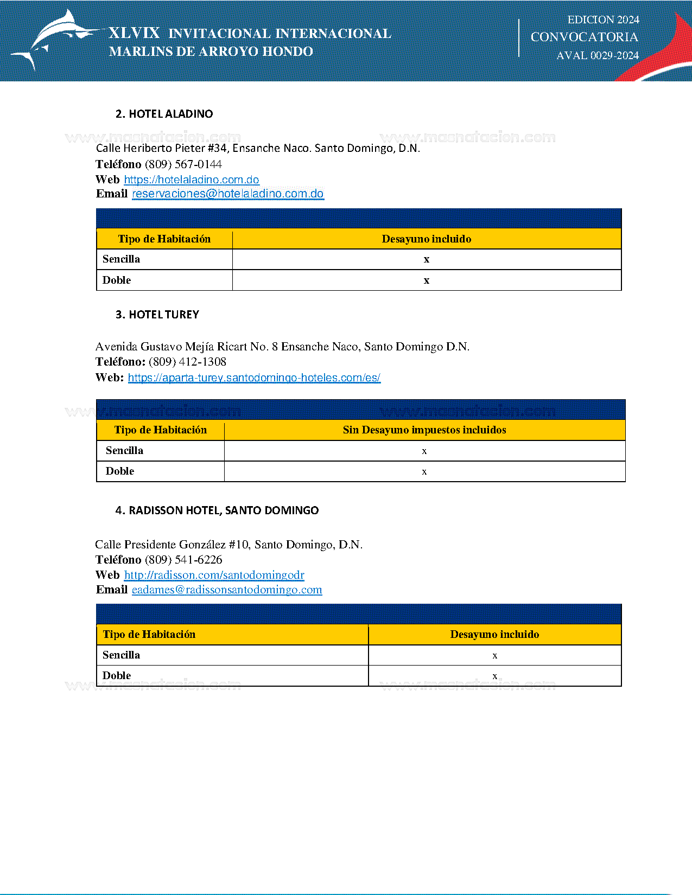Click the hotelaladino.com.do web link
pyautogui.click(x=192, y=180)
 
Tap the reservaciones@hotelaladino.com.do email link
pyautogui.click(x=228, y=194)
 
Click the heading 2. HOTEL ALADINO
pyautogui.click(x=164, y=114)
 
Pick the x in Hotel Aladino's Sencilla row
pyautogui.click(x=427, y=259)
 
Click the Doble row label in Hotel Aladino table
pyautogui.click(x=117, y=280)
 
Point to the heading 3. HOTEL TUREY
pyautogui.click(x=157, y=315)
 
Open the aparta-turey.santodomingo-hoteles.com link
pyautogui.click(x=254, y=378)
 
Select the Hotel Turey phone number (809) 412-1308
pyautogui.click(x=187, y=362)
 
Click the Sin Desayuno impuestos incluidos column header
pyautogui.click(x=424, y=430)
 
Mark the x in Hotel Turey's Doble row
pyautogui.click(x=424, y=472)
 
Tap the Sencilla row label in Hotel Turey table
pyautogui.click(x=124, y=451)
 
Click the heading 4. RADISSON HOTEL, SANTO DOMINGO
pyautogui.click(x=217, y=510)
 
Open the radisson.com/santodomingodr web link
pyautogui.click(x=214, y=575)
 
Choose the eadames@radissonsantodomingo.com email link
pyautogui.click(x=227, y=590)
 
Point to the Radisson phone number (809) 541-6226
pyautogui.click(x=183, y=560)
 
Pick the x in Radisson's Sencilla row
pyautogui.click(x=495, y=656)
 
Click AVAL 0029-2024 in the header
pyautogui.click(x=598, y=55)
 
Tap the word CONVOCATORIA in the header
pyautogui.click(x=584, y=37)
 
